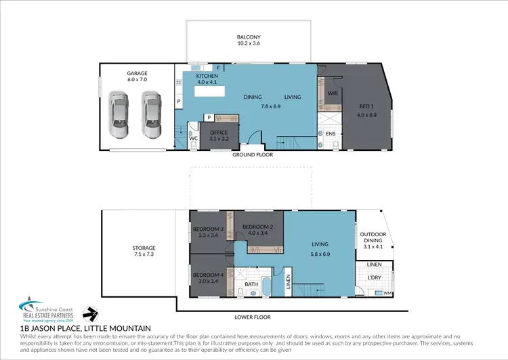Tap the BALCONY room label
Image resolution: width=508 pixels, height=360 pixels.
coord(249,37)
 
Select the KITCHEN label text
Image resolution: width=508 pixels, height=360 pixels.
coord(207,76)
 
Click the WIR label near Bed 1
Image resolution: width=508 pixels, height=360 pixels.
coord(333,93)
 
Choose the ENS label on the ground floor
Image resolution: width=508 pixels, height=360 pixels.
coord(331,134)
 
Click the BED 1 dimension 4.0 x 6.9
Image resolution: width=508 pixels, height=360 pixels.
coord(368,115)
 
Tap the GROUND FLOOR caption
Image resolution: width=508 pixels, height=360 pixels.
coord(252,154)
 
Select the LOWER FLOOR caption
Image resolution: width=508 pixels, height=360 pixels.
coord(252,317)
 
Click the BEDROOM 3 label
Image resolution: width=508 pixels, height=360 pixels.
coord(208,229)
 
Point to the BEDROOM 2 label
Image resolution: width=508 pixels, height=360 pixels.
coord(257,226)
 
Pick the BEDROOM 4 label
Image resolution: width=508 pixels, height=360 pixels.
coord(207,275)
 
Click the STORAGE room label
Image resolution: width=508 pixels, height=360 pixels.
coord(144,248)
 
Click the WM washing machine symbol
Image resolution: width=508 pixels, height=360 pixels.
coord(387,292)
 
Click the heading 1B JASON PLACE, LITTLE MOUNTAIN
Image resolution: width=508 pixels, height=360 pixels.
coord(85,328)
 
